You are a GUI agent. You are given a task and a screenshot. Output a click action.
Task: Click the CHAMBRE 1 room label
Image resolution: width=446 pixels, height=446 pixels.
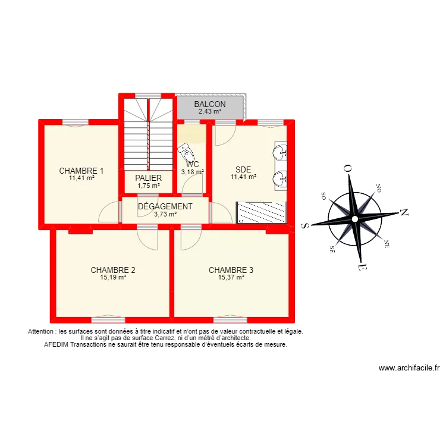tap(81, 171)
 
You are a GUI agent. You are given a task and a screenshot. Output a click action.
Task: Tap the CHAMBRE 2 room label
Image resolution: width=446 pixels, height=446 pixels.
tap(113, 270)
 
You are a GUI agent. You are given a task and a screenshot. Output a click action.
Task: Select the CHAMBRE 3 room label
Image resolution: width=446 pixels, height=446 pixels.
tap(231, 270)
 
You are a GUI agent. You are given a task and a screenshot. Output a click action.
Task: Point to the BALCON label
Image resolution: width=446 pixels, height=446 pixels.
tap(209, 105)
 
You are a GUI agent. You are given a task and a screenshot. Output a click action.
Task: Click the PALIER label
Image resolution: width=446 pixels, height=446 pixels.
tap(148, 178)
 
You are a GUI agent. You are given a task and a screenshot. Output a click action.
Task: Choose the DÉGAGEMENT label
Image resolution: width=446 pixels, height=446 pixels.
tap(165, 207)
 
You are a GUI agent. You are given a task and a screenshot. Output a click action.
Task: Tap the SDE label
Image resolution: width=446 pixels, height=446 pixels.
tap(243, 169)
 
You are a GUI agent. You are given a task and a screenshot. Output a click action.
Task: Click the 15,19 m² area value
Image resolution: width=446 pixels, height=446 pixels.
tap(113, 277)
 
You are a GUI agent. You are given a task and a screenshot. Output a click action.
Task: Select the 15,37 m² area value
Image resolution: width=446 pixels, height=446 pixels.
tap(231, 277)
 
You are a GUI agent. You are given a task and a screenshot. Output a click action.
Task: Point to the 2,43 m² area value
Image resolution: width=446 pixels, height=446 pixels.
tap(209, 111)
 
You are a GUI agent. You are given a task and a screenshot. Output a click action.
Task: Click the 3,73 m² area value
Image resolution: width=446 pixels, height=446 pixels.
tap(165, 215)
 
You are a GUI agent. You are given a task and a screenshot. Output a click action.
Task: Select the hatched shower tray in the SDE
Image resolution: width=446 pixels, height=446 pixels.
tap(262, 212)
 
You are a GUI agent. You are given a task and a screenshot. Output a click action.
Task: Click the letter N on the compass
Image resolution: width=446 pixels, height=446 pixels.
tap(403, 212)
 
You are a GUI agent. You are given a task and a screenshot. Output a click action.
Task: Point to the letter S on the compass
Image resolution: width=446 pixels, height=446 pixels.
tap(304, 225)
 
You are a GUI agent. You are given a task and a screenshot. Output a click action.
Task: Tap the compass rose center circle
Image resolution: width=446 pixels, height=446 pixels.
tap(354, 219)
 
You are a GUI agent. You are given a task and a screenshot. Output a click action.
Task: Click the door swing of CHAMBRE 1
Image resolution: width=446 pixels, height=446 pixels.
tap(109, 212)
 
